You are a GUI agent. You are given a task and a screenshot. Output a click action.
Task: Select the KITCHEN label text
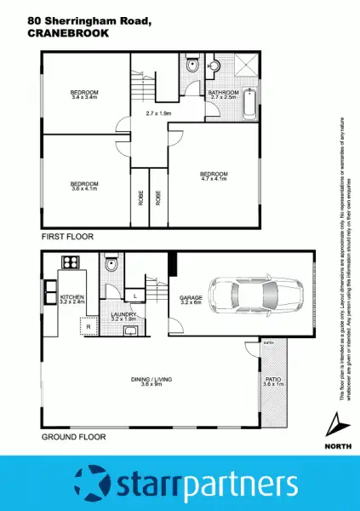click(71, 298)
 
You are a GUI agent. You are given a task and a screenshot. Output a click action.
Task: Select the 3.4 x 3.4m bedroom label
click(83, 95)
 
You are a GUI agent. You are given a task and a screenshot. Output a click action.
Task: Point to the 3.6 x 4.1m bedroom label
click(84, 186)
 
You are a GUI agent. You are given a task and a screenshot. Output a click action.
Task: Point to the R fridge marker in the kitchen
click(86, 325)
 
